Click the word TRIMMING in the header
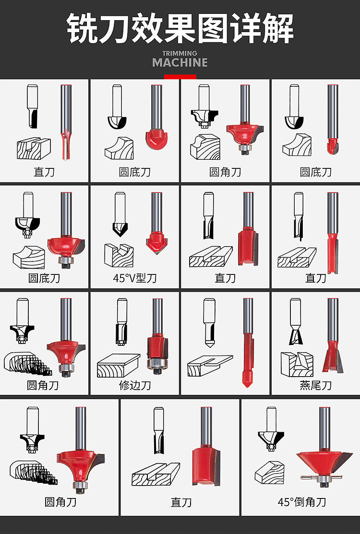click(180, 53)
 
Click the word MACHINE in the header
click(180, 63)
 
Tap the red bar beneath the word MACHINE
click(180, 77)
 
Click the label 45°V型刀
click(135, 278)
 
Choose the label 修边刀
click(135, 385)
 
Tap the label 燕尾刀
click(315, 385)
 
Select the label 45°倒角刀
click(302, 502)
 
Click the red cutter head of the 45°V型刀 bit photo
click(156, 242)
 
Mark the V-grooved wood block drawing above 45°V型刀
click(119, 255)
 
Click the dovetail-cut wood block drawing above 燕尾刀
click(297, 365)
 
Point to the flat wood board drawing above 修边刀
click(118, 366)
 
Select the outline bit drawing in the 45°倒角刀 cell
click(271, 429)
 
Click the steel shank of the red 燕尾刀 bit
click(333, 320)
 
